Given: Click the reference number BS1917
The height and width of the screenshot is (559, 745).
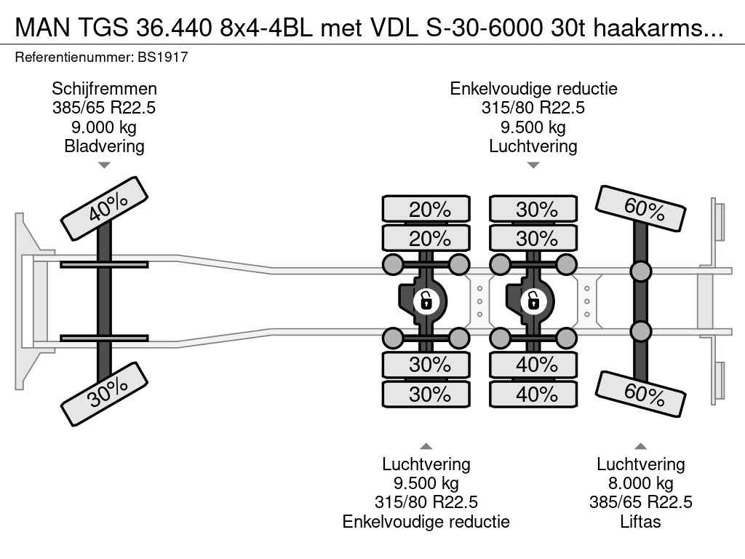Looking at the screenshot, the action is click(163, 58).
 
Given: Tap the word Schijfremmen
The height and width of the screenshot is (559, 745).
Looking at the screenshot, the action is click(104, 89).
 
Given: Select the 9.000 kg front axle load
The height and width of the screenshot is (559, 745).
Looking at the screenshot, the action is click(104, 127).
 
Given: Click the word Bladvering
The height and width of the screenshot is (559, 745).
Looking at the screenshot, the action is click(104, 146).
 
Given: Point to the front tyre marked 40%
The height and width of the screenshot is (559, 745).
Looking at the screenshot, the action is click(104, 208).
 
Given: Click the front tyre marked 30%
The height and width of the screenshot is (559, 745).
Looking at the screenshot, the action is click(104, 394).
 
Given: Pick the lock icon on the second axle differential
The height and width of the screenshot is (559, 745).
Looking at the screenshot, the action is click(426, 301).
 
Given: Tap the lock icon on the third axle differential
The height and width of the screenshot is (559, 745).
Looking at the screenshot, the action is click(533, 301).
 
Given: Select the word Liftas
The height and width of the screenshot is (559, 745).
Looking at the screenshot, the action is click(640, 521).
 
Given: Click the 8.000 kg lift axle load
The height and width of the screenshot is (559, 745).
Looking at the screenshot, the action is click(640, 483).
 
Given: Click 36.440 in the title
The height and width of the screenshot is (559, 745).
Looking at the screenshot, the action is click(174, 28).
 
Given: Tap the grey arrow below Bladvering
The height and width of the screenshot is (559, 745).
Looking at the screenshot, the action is click(104, 165).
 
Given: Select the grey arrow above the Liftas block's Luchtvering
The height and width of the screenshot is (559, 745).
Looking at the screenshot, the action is click(640, 446).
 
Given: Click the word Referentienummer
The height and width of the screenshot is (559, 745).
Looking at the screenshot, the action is click(74, 58).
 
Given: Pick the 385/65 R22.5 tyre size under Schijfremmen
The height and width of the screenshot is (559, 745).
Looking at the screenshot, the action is click(104, 108).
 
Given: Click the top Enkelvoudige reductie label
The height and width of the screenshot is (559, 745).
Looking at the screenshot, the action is click(533, 89).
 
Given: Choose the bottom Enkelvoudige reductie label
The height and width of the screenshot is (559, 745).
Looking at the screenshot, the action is click(426, 521).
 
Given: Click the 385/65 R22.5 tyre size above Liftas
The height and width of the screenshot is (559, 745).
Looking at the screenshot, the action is click(640, 502).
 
